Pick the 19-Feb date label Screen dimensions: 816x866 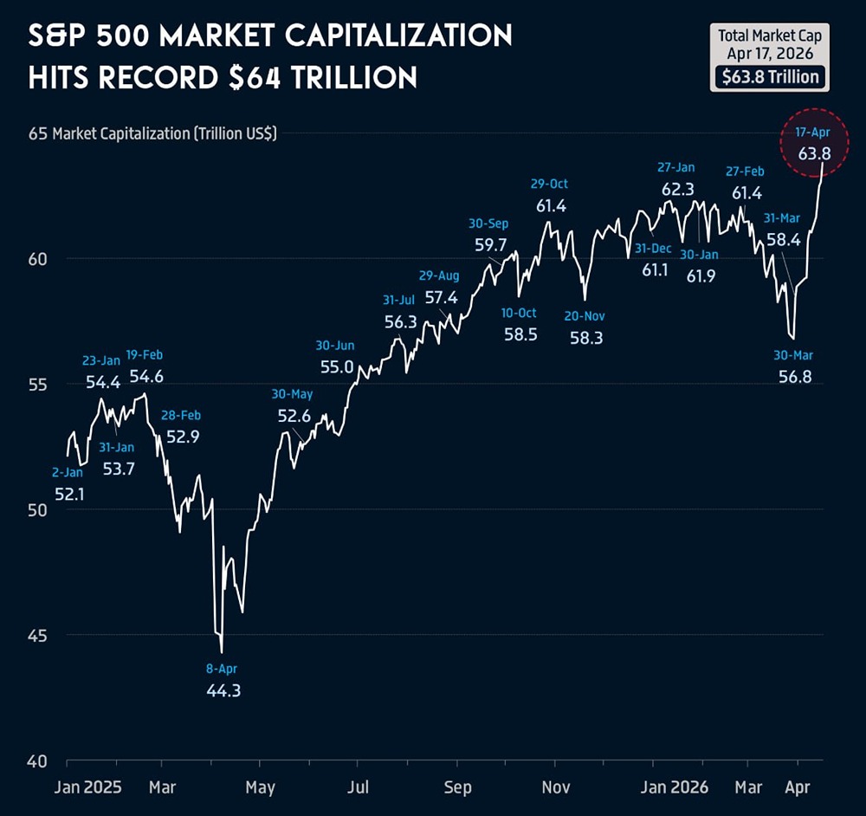coord(145,354)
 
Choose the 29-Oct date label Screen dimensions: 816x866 coord(550,184)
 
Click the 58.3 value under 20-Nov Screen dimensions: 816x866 coord(586,338)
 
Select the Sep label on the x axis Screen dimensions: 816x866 coord(458,787)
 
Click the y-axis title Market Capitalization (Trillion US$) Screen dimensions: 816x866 coord(165,134)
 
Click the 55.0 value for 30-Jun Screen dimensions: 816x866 coord(337,366)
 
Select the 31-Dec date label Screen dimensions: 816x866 coord(653,248)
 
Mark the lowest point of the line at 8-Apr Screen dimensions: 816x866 coord(222,652)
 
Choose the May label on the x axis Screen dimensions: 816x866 coord(260,787)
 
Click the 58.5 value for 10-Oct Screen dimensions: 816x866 coord(520,334)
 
